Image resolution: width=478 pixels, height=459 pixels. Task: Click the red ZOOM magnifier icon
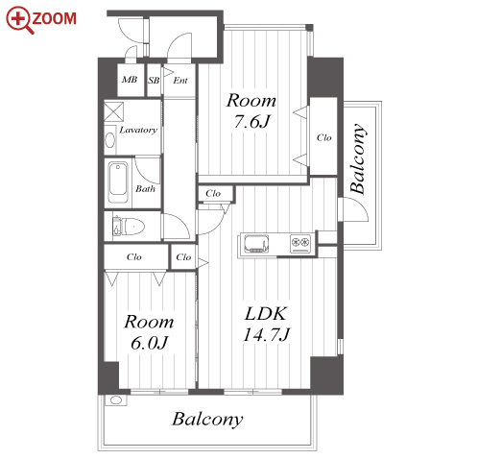19,20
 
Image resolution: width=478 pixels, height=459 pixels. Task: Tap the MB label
130,80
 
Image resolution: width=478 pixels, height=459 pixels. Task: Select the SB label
154,80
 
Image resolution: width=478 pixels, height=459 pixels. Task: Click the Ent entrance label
180,80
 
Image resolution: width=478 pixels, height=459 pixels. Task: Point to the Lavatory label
138,130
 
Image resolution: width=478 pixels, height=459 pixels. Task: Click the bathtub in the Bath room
118,182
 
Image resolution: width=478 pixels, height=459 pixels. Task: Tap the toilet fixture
129,227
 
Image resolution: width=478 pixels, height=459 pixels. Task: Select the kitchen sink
256,244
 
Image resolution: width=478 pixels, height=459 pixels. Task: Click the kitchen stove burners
300,243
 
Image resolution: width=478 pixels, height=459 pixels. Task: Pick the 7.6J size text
252,122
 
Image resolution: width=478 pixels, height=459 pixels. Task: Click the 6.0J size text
149,343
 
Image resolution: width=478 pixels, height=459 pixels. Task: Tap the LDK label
266,314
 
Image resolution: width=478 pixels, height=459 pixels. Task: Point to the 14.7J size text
266,335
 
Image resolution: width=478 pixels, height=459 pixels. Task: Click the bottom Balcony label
207,420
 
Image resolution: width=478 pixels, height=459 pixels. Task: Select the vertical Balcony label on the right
358,158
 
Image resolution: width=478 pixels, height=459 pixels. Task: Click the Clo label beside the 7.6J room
323,137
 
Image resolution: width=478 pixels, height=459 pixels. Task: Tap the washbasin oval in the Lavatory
110,140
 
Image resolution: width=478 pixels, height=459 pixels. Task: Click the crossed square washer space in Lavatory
114,111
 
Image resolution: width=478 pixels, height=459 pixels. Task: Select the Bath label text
145,189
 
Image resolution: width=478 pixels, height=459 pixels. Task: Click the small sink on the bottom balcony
116,400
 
